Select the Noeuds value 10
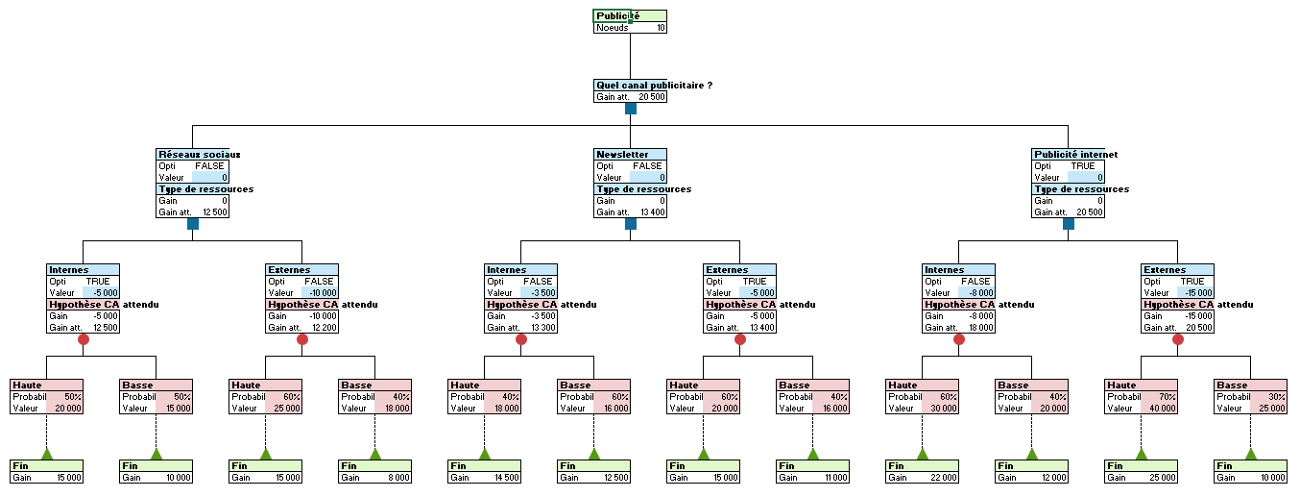point(661,28)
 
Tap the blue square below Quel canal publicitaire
point(631,109)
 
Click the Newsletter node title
point(622,154)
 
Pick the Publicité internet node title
point(1075,154)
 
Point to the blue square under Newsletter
point(631,224)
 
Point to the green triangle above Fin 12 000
point(1032,454)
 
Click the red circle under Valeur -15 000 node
point(1178,339)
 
